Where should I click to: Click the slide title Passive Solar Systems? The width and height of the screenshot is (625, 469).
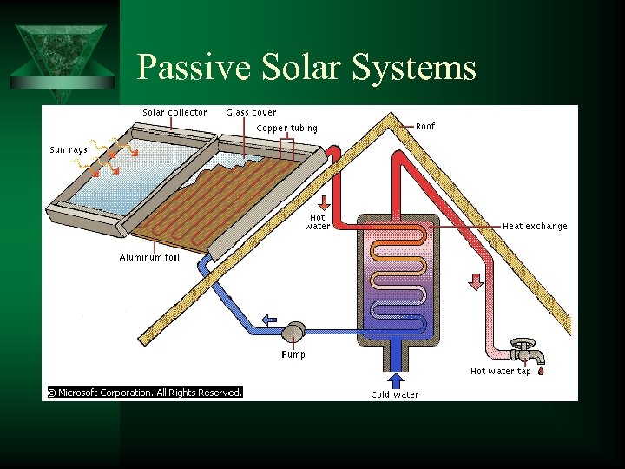(x=306, y=67)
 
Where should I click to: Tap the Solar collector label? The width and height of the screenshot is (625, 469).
(x=174, y=112)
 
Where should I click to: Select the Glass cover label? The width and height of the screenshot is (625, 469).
(x=251, y=112)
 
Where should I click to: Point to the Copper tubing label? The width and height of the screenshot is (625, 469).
(x=287, y=129)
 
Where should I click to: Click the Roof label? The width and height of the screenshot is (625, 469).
(x=425, y=126)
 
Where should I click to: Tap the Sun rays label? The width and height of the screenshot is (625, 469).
(x=69, y=149)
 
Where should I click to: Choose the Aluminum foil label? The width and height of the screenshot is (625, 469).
(x=149, y=257)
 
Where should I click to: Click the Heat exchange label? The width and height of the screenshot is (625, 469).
(x=535, y=226)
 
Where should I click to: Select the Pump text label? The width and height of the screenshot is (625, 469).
(x=293, y=354)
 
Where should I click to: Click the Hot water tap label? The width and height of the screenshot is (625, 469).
(x=500, y=371)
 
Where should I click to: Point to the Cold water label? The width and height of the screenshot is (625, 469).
(x=395, y=394)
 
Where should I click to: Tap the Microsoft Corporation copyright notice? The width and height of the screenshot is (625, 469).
(x=144, y=393)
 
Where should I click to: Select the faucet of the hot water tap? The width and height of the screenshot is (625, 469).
(x=524, y=351)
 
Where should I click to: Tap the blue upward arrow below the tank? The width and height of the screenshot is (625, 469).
(x=396, y=380)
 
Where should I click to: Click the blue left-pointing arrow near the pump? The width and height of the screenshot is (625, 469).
(x=269, y=319)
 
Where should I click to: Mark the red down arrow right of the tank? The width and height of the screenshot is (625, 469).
(x=476, y=281)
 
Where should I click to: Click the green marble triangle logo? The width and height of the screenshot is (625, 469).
(x=60, y=52)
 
